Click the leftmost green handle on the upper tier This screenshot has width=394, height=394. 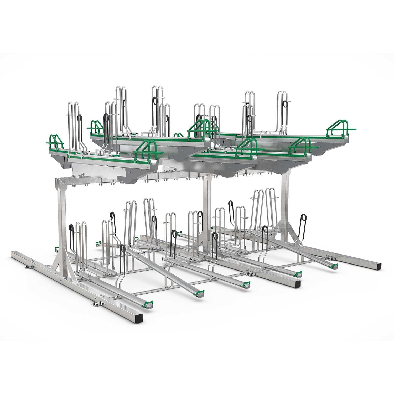click(x=57, y=142)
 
